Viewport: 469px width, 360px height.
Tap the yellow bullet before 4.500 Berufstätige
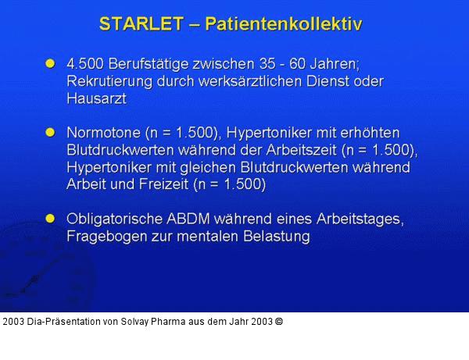(51, 62)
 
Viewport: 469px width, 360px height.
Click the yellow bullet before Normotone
(51, 132)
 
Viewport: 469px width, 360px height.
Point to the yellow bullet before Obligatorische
(51, 218)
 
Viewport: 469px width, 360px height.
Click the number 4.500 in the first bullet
(87, 63)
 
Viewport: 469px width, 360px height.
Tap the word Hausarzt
(96, 99)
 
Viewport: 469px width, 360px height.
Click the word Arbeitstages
(363, 219)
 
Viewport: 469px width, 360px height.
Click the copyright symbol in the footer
(279, 321)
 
